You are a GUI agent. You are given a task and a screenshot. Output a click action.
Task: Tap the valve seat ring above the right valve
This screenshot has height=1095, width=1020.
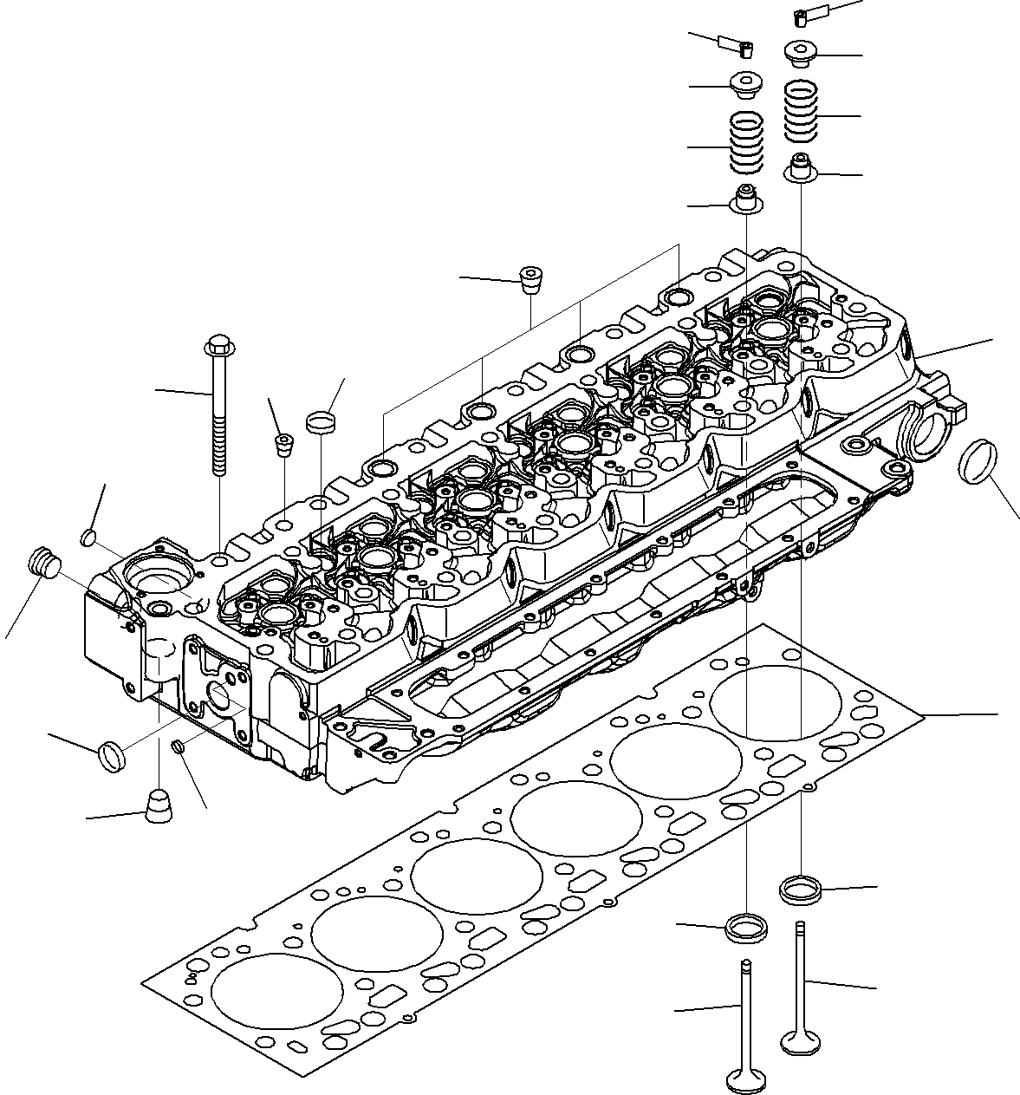801,889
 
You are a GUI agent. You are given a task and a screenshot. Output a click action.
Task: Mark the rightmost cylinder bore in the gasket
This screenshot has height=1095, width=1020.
775,702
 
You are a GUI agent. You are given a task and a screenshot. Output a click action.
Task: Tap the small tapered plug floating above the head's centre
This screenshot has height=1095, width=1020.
530,279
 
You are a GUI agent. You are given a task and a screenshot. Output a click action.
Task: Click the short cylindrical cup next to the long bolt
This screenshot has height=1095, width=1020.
320,422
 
